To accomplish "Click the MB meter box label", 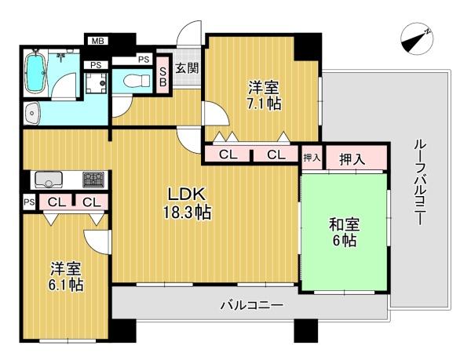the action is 98,41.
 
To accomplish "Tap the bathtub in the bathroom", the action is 36,73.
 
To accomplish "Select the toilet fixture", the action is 137,80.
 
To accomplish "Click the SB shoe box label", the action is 162,77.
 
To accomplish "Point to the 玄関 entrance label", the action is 187,68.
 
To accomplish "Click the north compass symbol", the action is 418,39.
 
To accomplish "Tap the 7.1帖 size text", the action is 265,104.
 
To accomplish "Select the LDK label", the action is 187,194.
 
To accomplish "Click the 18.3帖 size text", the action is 187,213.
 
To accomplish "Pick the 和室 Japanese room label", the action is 345,225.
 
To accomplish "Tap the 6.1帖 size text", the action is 66,285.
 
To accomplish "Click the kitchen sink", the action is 49,180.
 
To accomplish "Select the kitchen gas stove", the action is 93,180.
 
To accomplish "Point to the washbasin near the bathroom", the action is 32,114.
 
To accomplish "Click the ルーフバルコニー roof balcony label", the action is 419,183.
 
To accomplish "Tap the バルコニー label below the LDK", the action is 252,306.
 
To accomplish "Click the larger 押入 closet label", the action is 352,158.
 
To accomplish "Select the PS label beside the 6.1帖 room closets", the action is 29,202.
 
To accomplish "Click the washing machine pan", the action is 96,82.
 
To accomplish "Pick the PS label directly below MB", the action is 96,65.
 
